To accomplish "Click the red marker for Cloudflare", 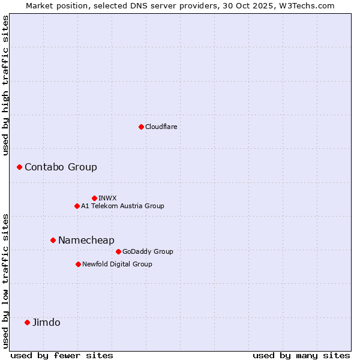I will pyautogui.click(x=141, y=127).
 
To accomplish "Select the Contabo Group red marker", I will pyautogui.click(x=19, y=167).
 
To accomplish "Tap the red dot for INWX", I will pyautogui.click(x=94, y=198).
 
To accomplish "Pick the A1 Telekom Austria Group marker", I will pyautogui.click(x=77, y=206).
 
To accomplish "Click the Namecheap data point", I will pyautogui.click(x=53, y=240).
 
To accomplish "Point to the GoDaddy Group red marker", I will pyautogui.click(x=118, y=251).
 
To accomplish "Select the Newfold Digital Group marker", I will pyautogui.click(x=78, y=264).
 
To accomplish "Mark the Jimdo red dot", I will pyautogui.click(x=27, y=322).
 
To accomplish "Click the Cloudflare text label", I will pyautogui.click(x=161, y=127).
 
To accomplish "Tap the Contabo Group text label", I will pyautogui.click(x=61, y=167).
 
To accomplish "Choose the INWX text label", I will pyautogui.click(x=107, y=198).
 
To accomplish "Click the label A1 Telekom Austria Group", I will pyautogui.click(x=122, y=206).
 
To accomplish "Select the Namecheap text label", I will pyautogui.click(x=86, y=240).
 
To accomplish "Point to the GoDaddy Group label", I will pyautogui.click(x=148, y=251).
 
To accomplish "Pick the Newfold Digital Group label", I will pyautogui.click(x=117, y=264).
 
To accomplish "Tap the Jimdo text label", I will pyautogui.click(x=46, y=322).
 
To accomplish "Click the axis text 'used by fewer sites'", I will pyautogui.click(x=62, y=355).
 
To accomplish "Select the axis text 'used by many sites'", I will pyautogui.click(x=301, y=355).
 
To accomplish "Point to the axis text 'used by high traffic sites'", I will pyautogui.click(x=5, y=85).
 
